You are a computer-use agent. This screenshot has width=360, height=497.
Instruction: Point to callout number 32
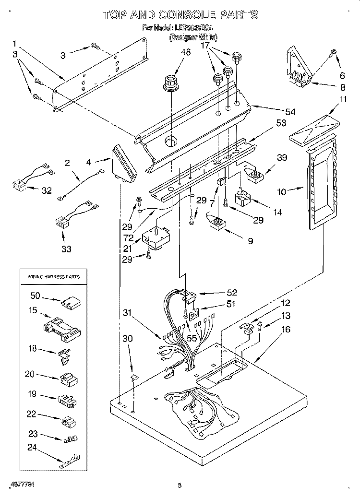point(46,191)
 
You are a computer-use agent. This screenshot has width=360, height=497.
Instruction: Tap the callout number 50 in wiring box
point(36,296)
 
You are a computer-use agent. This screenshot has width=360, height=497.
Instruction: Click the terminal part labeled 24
point(67,463)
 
